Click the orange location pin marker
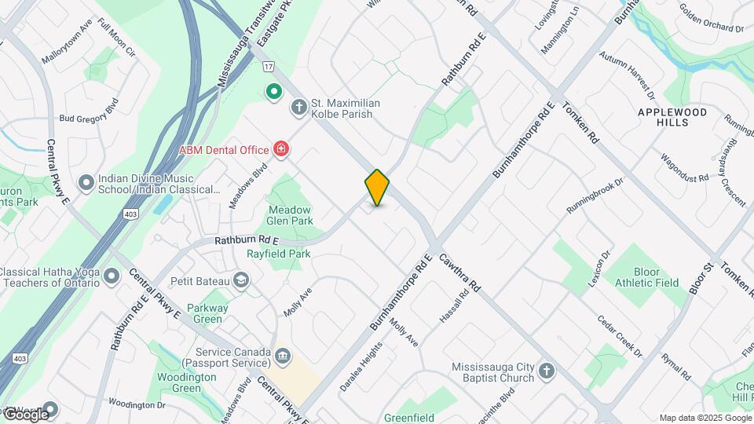(x=377, y=187)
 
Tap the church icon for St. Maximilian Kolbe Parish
(x=298, y=107)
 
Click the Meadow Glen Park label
(x=290, y=216)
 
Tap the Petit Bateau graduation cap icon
(x=241, y=280)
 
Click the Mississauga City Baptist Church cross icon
(x=547, y=371)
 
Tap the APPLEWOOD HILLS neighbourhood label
(x=672, y=118)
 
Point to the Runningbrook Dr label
(x=595, y=196)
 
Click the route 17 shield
(x=269, y=67)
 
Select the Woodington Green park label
(x=187, y=382)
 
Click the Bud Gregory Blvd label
(x=89, y=110)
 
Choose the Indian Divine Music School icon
(x=86, y=183)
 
